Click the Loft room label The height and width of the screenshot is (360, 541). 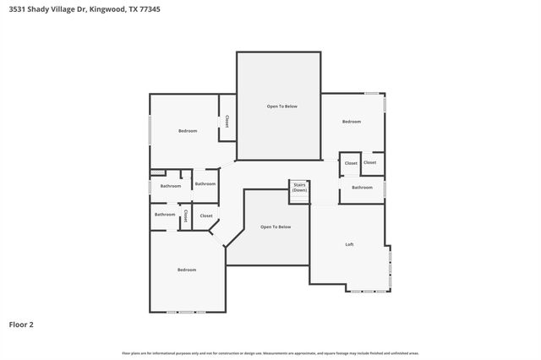(x=349, y=244)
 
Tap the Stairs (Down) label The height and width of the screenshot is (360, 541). (x=299, y=188)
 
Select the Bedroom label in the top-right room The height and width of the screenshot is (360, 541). (x=351, y=122)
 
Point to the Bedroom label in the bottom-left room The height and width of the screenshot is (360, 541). (x=187, y=270)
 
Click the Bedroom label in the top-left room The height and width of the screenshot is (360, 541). (x=188, y=130)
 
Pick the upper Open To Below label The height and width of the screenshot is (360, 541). (x=282, y=106)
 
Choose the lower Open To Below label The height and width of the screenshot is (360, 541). (x=276, y=226)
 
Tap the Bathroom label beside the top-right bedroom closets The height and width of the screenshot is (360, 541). (x=362, y=187)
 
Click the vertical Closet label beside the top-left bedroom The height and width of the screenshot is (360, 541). (x=227, y=122)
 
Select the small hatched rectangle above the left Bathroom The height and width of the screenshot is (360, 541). (x=156, y=173)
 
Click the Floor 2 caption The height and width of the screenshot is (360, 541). (x=21, y=324)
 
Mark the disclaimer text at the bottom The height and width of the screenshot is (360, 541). (x=270, y=353)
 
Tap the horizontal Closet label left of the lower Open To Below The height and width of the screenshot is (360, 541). (x=206, y=215)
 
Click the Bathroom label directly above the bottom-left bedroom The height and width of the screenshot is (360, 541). (x=165, y=214)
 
